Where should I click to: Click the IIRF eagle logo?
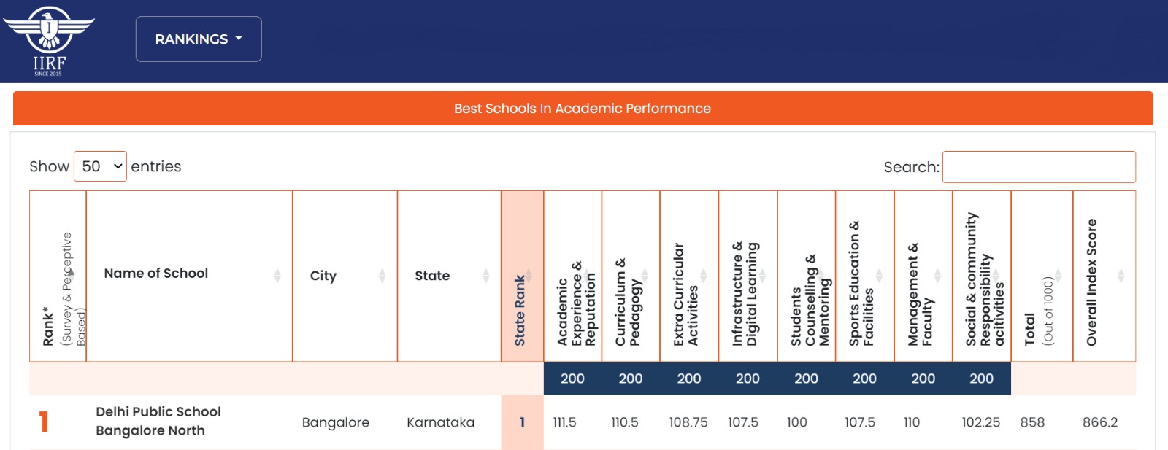point(49,40)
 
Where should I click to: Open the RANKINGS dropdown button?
point(199,39)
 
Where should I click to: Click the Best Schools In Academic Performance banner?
point(583,109)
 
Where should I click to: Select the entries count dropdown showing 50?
point(100,166)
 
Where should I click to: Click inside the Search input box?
point(1039,167)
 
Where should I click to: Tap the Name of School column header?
point(156,274)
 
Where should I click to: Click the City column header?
point(323,276)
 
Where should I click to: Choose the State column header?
point(432,276)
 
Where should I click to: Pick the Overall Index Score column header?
point(1092,282)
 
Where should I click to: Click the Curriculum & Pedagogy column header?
point(629,301)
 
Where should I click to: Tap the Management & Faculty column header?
point(921,294)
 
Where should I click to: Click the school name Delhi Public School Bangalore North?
point(158,421)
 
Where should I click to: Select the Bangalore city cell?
point(336,422)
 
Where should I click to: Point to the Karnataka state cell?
point(440,422)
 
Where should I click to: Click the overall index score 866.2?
point(1100,422)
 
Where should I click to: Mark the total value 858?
point(1032,422)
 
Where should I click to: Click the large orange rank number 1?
point(44,422)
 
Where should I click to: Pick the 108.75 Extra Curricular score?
point(688,422)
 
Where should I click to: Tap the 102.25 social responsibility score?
point(980,422)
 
